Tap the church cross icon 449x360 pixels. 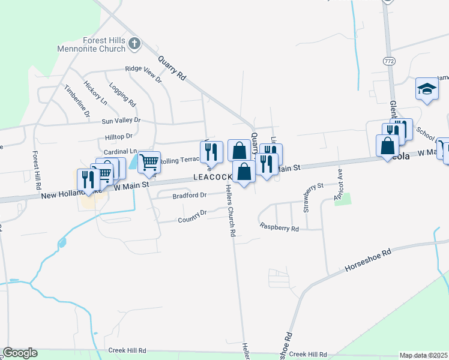(134, 43)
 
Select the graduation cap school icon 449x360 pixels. (427, 89)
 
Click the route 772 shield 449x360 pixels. (388, 61)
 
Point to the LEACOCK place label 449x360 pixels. (212, 178)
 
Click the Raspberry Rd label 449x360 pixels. (279, 227)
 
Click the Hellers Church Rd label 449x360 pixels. (229, 210)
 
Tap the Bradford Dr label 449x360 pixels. (189, 195)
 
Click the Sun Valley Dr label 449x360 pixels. (121, 121)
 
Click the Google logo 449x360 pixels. (20, 353)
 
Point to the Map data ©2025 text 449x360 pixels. (423, 355)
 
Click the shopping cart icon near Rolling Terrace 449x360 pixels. (148, 161)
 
